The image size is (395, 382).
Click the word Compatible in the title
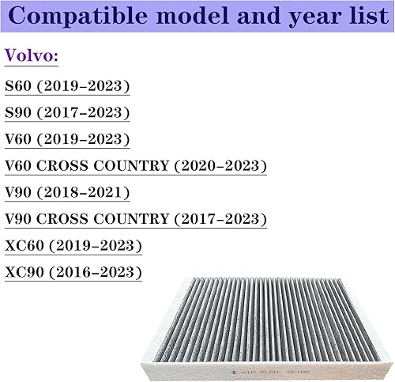click(x=76, y=17)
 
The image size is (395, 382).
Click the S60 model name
click(x=20, y=86)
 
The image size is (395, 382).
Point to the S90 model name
click(x=20, y=112)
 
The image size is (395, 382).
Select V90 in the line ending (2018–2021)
click(x=20, y=194)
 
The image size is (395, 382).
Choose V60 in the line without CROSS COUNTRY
click(x=20, y=140)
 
